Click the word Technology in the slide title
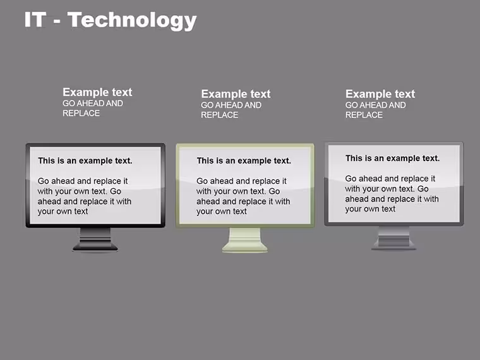[132, 20]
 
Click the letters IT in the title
[35, 20]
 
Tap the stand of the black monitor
[95, 240]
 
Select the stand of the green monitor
[245, 240]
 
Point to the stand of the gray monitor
[394, 238]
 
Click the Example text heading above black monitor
[97, 92]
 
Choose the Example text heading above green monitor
[236, 94]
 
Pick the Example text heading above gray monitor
[380, 94]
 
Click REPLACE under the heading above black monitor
[81, 113]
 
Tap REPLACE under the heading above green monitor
[220, 115]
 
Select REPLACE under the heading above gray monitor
[364, 115]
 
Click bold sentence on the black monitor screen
[85, 160]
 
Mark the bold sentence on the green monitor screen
[244, 160]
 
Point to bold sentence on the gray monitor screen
[392, 159]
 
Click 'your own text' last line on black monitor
[63, 212]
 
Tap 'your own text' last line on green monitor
[221, 212]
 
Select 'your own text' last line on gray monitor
[370, 209]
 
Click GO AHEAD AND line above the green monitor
[231, 105]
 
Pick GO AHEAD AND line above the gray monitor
[376, 105]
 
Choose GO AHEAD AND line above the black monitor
[93, 104]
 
